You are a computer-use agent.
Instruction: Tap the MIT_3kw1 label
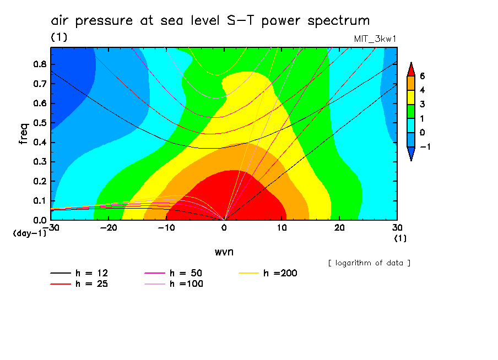pos(375,39)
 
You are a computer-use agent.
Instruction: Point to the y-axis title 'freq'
pos(23,133)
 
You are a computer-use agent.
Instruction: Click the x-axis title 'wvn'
pos(224,252)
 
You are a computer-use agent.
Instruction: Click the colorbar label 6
pos(422,76)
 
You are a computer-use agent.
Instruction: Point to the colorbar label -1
pos(425,147)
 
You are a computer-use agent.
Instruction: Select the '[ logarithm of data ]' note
pos(369,263)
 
